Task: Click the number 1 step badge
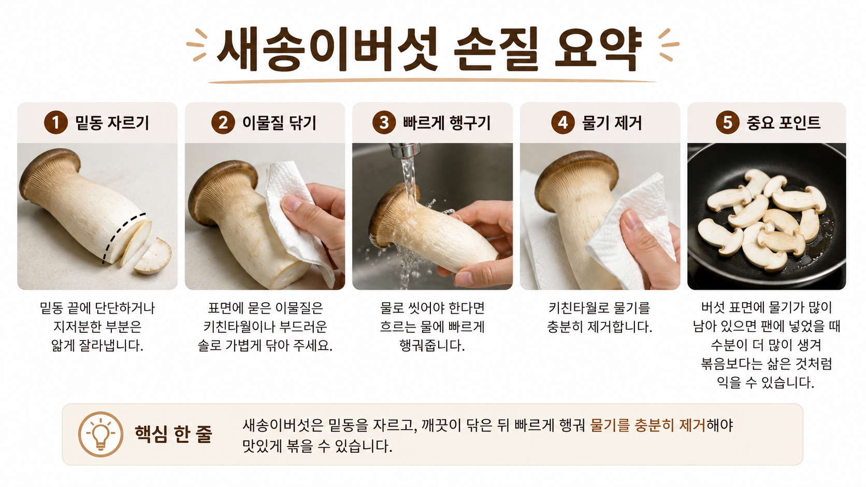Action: tap(55, 123)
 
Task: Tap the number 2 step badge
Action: tap(223, 123)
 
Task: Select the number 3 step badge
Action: tap(384, 123)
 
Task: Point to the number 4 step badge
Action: tap(563, 123)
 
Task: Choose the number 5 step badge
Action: tap(727, 123)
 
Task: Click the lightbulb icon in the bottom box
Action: tap(100, 434)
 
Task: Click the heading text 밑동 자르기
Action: tap(112, 123)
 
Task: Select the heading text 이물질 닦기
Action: tap(279, 123)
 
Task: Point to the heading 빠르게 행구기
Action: tap(446, 123)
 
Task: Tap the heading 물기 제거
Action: tap(612, 123)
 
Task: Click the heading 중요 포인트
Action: tap(783, 123)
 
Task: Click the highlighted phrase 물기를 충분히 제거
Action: tap(648, 425)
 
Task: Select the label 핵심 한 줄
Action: tap(174, 434)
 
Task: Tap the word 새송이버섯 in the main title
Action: tap(327, 50)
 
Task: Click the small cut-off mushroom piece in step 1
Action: tap(154, 256)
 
